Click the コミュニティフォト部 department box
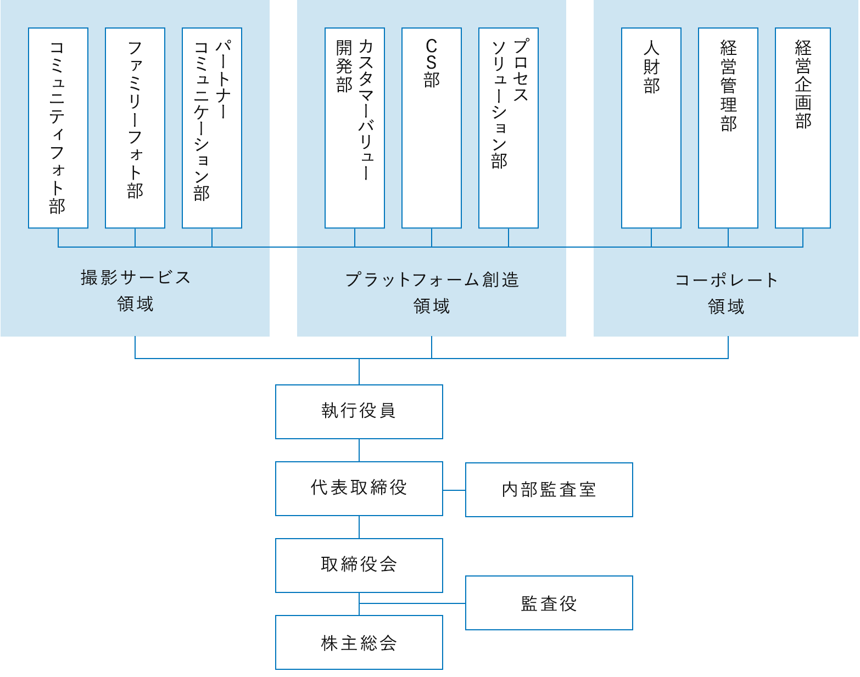click(58, 128)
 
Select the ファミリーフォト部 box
click(135, 128)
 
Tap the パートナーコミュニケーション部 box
click(212, 128)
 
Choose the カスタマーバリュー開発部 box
click(355, 128)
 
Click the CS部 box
click(432, 128)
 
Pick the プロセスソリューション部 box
click(509, 128)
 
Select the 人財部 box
click(651, 128)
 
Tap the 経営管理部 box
click(728, 128)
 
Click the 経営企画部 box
click(803, 128)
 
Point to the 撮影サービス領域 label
click(135, 290)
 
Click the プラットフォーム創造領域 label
click(432, 293)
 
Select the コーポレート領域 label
click(726, 293)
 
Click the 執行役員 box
click(359, 412)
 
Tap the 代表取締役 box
click(359, 489)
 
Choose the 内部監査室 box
click(549, 490)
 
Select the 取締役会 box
click(359, 566)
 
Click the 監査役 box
click(549, 603)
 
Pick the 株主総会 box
click(359, 642)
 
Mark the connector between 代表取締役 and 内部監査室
click(454, 490)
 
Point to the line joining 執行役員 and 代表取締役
click(359, 450)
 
